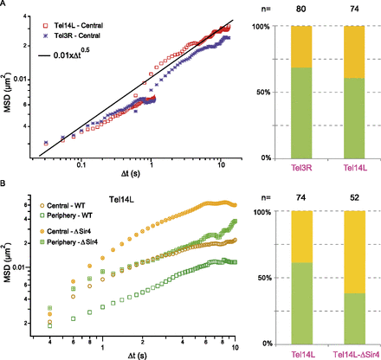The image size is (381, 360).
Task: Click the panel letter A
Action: pos(5,5)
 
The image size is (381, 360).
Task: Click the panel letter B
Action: pos(5,184)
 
